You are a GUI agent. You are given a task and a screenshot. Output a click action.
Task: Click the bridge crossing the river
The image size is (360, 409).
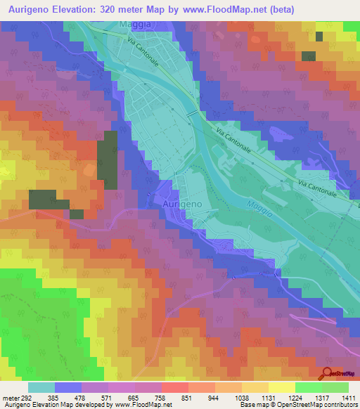tap(192, 114)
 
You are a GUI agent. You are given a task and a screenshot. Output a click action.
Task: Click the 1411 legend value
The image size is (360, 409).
tap(347, 397)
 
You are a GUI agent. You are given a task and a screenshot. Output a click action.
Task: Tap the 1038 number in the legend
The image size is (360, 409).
tap(241, 397)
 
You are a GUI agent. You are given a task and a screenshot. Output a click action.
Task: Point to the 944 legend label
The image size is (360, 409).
tap(214, 397)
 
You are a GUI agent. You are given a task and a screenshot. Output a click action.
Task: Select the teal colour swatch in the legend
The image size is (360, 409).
tap(41, 387)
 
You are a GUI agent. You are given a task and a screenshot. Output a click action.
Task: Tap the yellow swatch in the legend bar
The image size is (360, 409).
tap(281, 387)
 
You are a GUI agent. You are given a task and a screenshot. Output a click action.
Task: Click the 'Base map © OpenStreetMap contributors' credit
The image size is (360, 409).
tap(297, 405)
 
